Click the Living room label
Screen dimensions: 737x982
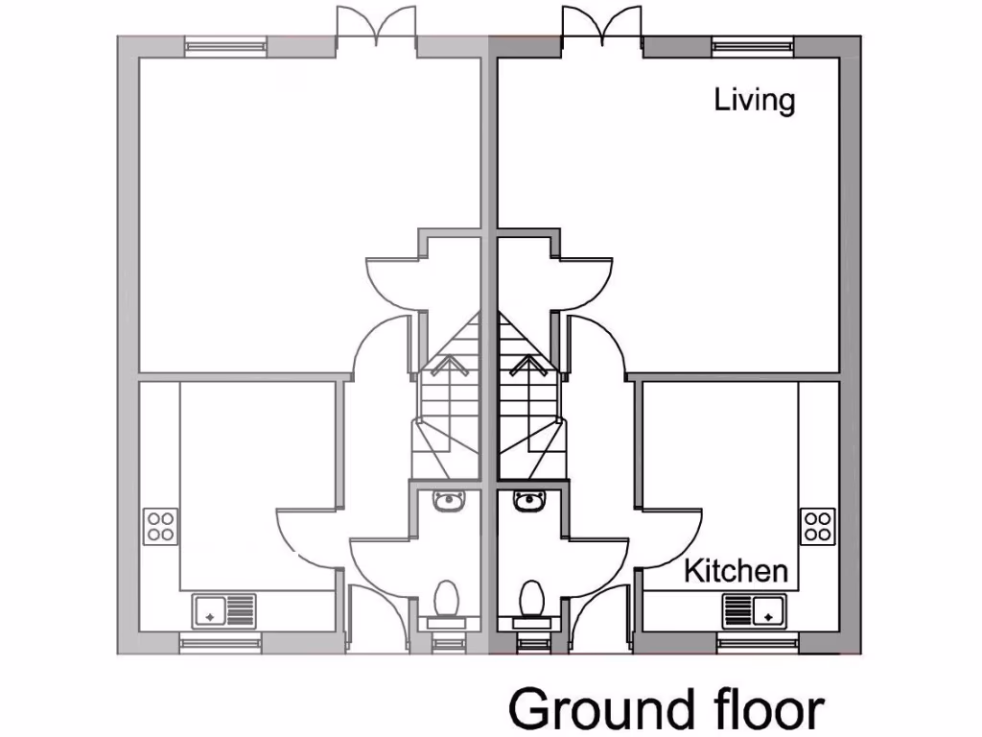point(755,101)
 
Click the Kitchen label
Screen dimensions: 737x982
point(736,571)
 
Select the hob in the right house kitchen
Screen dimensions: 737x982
point(817,526)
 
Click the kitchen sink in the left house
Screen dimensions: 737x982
point(224,609)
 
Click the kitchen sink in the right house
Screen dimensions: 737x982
point(754,609)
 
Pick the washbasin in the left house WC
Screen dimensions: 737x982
point(449,500)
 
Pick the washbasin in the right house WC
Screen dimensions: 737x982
point(527,500)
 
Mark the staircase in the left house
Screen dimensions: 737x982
point(448,403)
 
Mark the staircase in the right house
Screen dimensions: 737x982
point(528,403)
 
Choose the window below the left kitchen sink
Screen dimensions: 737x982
point(221,643)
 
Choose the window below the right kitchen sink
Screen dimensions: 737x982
point(757,643)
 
